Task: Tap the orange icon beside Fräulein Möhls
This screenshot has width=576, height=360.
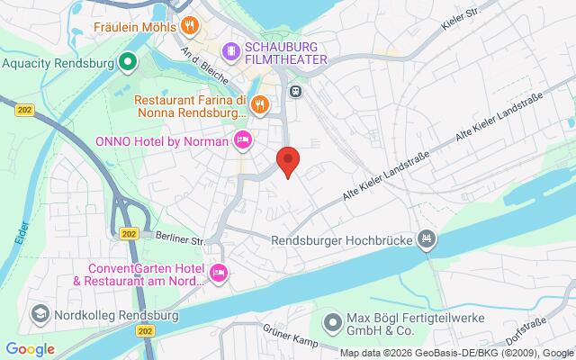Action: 189,25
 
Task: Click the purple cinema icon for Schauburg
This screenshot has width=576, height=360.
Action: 232,49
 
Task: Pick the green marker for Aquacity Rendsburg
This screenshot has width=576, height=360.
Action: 129,63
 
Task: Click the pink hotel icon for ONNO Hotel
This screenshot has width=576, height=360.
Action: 242,140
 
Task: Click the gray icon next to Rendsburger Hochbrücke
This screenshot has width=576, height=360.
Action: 428,238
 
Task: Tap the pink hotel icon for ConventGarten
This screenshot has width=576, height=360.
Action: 217,272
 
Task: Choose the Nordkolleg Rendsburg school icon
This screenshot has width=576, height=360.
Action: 40,288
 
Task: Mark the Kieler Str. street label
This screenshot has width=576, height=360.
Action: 459,21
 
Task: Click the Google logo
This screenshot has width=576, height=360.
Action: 30,349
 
